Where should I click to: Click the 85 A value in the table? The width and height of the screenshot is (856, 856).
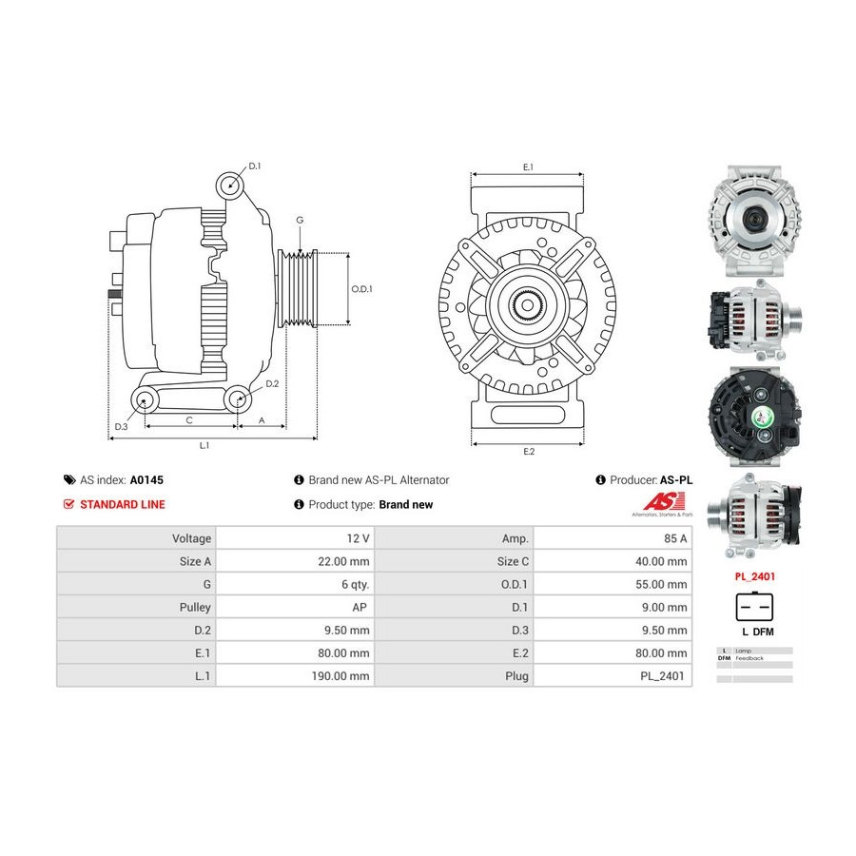(x=675, y=538)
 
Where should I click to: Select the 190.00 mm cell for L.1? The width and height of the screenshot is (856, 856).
(x=340, y=676)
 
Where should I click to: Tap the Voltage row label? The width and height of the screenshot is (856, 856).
(x=191, y=538)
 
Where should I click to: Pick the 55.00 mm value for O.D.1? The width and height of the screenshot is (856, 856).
(x=661, y=584)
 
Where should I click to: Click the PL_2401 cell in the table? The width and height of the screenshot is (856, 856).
(x=662, y=676)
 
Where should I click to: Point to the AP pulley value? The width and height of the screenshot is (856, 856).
(x=360, y=607)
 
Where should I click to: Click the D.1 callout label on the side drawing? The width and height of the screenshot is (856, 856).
(x=254, y=165)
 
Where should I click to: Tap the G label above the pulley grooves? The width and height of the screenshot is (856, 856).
(x=300, y=220)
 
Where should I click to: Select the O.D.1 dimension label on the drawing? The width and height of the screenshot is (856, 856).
(x=361, y=289)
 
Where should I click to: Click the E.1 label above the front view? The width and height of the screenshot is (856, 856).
(x=528, y=167)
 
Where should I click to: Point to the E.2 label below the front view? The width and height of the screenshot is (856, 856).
(x=529, y=452)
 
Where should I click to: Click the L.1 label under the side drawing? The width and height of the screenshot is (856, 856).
(x=204, y=445)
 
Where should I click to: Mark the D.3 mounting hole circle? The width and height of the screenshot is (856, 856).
(x=145, y=400)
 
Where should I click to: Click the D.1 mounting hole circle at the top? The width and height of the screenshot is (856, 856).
(x=230, y=185)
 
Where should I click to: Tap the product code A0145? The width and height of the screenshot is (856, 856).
(x=146, y=480)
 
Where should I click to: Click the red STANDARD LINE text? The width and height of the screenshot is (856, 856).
(x=123, y=504)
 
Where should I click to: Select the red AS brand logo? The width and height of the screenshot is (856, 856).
(x=664, y=500)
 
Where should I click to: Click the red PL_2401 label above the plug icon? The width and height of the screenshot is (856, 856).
(x=754, y=576)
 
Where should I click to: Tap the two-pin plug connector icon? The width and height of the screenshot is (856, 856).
(x=754, y=607)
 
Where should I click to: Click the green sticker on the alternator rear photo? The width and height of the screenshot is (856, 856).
(x=760, y=418)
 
